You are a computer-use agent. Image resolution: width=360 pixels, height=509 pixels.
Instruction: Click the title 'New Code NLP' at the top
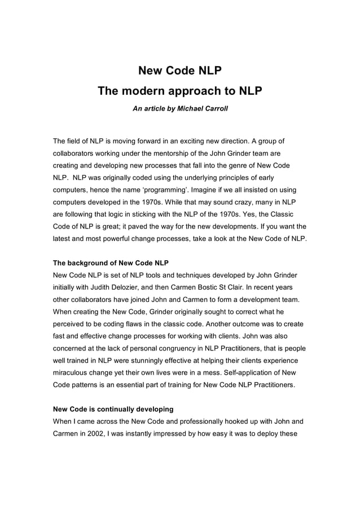(x=180, y=71)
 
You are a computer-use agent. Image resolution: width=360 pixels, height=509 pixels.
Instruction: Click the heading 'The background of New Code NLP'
(x=111, y=262)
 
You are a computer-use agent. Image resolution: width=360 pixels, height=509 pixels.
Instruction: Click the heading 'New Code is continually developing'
(x=113, y=409)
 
